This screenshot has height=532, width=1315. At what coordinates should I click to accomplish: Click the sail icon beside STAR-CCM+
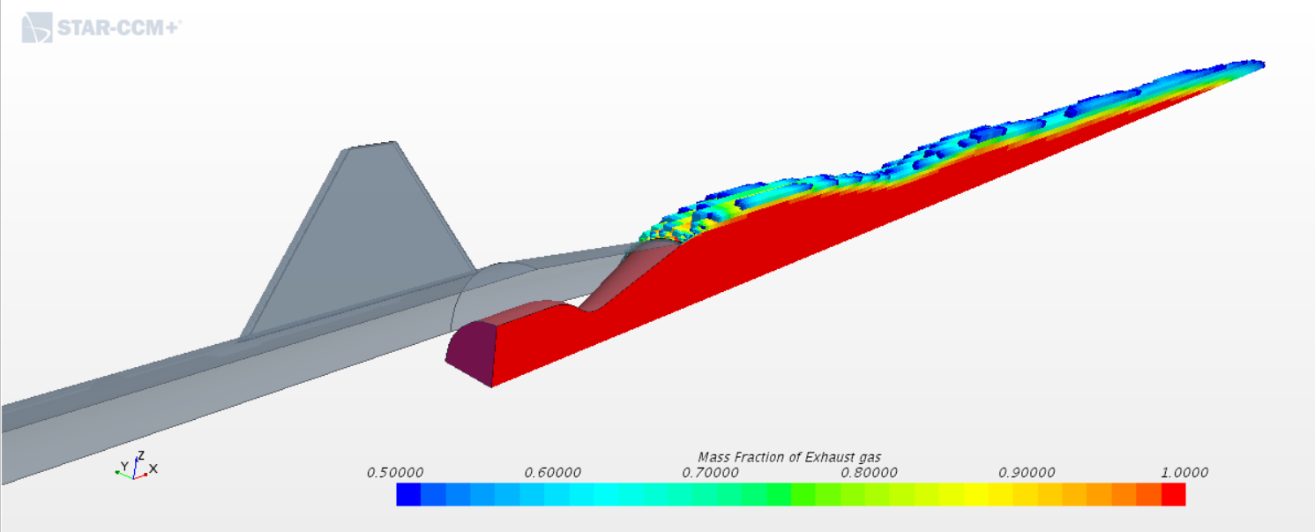click(x=37, y=28)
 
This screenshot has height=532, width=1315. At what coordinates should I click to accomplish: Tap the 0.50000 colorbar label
click(x=395, y=473)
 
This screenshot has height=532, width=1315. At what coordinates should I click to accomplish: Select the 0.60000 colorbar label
click(x=553, y=473)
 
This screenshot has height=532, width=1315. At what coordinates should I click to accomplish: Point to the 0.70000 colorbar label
click(x=711, y=473)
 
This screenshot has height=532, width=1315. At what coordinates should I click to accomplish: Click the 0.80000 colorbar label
click(x=869, y=473)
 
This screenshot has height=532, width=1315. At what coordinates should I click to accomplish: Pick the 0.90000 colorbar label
click(x=1027, y=473)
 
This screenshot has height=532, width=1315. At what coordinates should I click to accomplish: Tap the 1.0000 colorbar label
click(x=1184, y=473)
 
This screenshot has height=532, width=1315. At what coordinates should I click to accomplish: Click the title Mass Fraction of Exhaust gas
click(x=789, y=457)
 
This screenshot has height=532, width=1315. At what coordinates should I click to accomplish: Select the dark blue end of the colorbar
click(x=408, y=495)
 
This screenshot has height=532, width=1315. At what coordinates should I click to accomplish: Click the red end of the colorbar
click(x=1173, y=495)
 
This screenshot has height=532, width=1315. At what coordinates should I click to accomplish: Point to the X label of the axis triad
click(x=153, y=468)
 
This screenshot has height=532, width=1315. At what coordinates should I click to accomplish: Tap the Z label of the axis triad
click(x=140, y=456)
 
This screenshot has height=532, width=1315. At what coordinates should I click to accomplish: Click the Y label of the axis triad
click(x=124, y=466)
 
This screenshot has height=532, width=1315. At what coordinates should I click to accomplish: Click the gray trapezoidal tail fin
click(x=362, y=238)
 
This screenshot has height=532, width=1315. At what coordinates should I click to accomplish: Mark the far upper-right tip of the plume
click(x=1259, y=64)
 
